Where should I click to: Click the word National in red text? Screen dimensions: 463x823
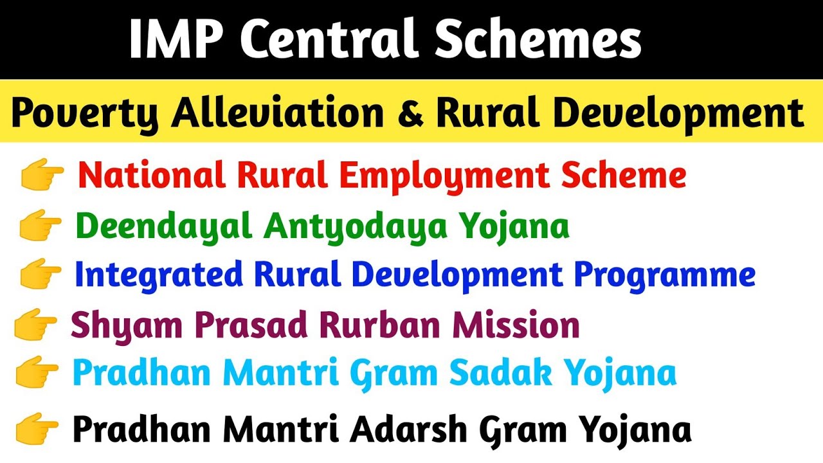pyautogui.click(x=152, y=176)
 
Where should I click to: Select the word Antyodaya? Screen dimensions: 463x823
pyautogui.click(x=348, y=227)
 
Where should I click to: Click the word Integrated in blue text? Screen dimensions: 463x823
pyautogui.click(x=159, y=275)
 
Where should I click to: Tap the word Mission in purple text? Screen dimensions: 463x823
pyautogui.click(x=516, y=325)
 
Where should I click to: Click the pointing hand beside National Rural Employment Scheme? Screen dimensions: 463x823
pyautogui.click(x=42, y=176)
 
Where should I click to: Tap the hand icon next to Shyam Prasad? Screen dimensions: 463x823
pyautogui.click(x=36, y=325)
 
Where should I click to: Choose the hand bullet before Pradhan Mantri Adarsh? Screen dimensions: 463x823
pyautogui.click(x=37, y=430)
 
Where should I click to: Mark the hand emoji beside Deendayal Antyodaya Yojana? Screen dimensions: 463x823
pyautogui.click(x=40, y=226)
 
